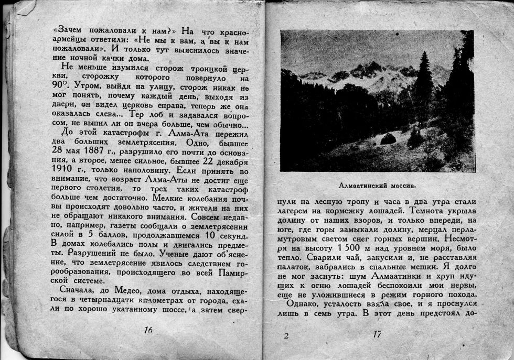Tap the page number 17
click(x=377, y=334)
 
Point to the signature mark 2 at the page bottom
click(x=286, y=336)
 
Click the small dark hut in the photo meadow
click(x=388, y=139)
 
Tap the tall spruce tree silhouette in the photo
click(x=423, y=79)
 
